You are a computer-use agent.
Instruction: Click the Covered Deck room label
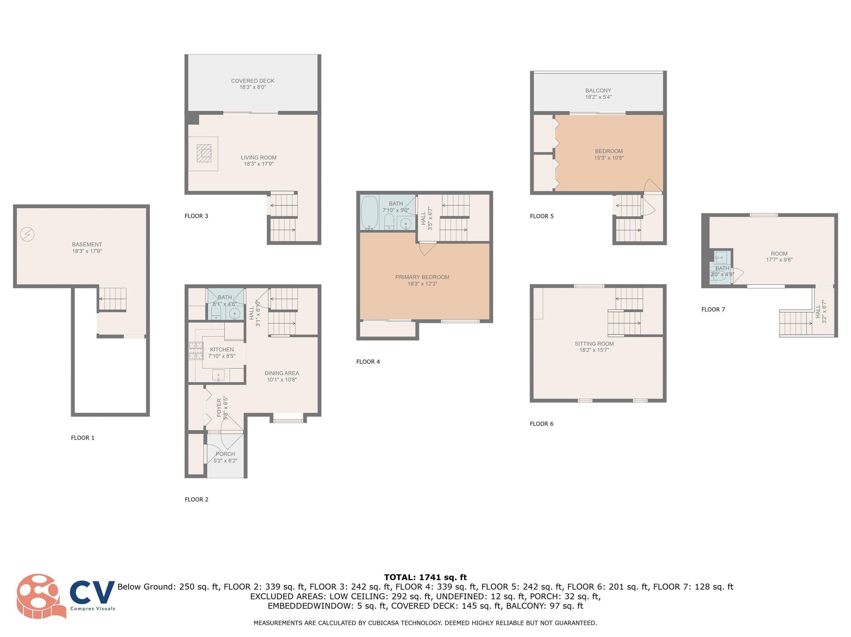253,81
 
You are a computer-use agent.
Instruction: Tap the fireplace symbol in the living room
204,153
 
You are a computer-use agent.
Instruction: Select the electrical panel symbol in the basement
27,234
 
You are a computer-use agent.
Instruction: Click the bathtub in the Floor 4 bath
370,213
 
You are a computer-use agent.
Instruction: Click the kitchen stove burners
196,350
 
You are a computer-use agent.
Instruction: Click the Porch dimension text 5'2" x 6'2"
225,461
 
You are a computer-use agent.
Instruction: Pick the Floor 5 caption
542,216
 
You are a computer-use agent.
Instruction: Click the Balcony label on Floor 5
598,90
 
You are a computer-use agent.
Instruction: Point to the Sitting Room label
594,343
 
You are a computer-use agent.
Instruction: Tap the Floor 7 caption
713,309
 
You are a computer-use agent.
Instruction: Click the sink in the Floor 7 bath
721,257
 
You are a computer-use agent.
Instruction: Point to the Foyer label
219,408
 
